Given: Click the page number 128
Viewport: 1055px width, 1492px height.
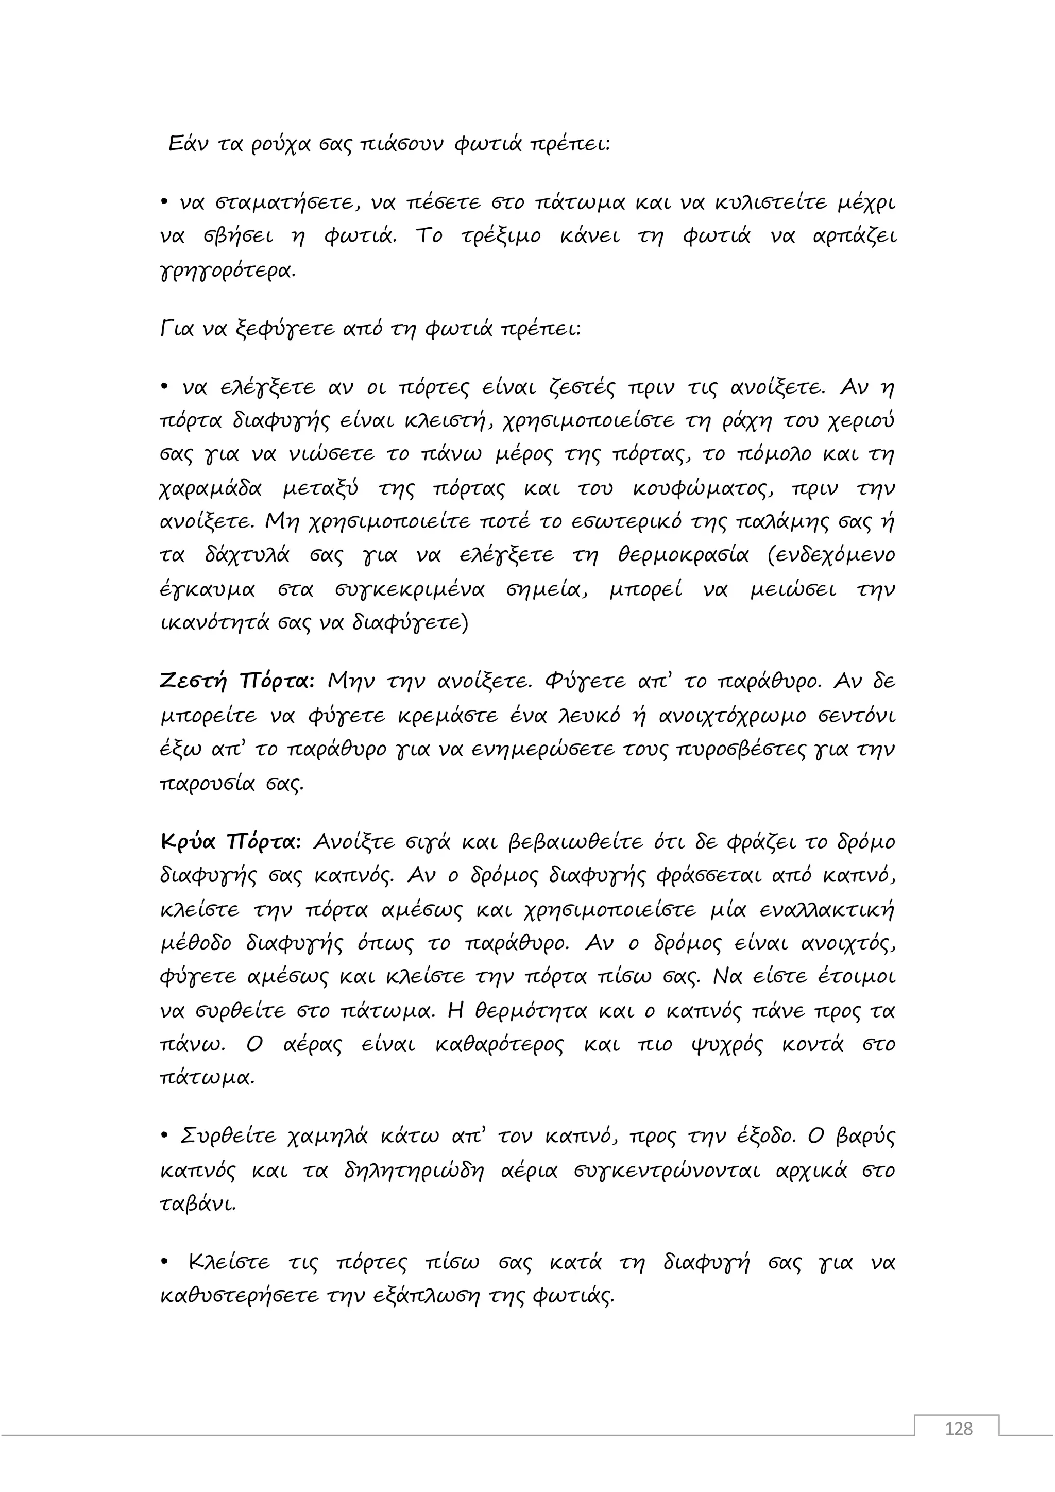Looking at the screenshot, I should pyautogui.click(x=958, y=1447).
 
